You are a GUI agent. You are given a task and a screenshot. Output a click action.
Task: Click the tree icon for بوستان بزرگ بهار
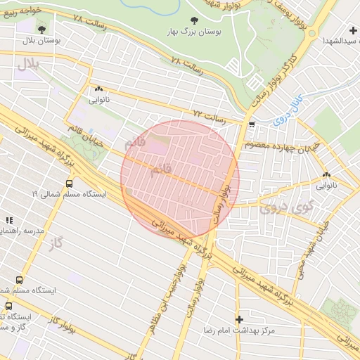click(194, 20)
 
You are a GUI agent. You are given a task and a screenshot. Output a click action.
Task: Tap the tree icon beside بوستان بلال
click(41, 30)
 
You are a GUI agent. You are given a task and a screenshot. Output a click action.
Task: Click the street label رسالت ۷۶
click(186, 66)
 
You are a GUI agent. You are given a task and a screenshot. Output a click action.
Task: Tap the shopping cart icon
click(252, 125)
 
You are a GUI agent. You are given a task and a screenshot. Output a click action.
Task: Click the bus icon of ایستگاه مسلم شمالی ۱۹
click(69, 183)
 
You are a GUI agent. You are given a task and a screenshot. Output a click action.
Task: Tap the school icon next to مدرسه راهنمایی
click(8, 220)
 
